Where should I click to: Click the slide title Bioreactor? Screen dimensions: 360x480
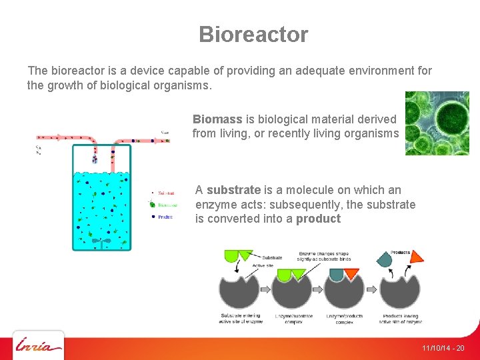[x=253, y=35]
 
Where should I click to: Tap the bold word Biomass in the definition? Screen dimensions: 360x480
[x=217, y=119]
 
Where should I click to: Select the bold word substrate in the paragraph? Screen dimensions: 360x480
[x=233, y=190]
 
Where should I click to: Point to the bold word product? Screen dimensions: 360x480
[x=318, y=219]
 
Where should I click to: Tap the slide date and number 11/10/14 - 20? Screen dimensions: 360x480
[x=443, y=349]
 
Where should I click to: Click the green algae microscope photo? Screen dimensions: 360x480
[x=437, y=123]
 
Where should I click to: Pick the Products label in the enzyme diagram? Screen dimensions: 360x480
[x=401, y=252]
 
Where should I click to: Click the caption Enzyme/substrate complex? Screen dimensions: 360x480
[x=293, y=318]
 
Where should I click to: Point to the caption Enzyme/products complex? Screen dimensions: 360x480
[x=344, y=318]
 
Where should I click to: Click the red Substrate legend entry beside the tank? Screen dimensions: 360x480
[x=162, y=193]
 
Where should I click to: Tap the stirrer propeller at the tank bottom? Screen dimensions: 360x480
[x=101, y=241]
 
